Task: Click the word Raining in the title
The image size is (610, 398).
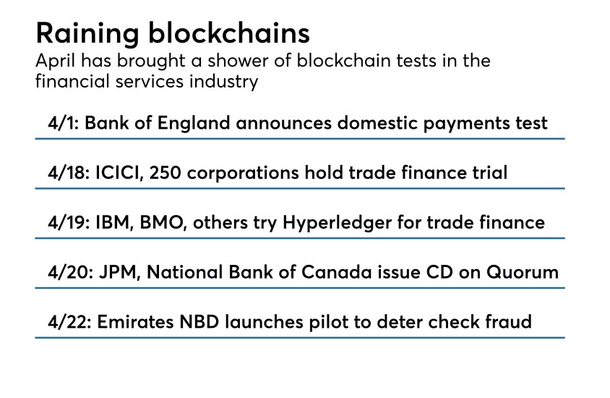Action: [x=83, y=33]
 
